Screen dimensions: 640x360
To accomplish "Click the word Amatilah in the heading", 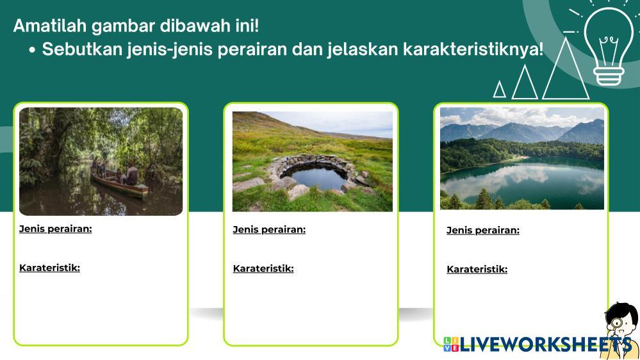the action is tap(50, 26).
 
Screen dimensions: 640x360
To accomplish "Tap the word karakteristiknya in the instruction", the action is tap(473, 49).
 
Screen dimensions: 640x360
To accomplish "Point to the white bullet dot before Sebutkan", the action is tap(32, 50).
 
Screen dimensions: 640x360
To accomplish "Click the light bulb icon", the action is tap(609, 45).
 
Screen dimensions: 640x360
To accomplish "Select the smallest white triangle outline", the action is tap(499, 90).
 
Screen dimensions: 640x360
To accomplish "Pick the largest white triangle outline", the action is tap(566, 69).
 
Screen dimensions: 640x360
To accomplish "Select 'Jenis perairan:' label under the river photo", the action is tap(56, 229).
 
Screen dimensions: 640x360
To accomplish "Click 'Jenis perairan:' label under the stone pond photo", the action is tap(269, 230).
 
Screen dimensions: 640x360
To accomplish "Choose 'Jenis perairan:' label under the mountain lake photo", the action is tap(483, 231).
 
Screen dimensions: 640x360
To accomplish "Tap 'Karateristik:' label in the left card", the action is tap(49, 268).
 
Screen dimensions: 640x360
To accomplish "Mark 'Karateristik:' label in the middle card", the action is tap(263, 268).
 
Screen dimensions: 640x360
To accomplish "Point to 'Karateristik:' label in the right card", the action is tap(477, 270).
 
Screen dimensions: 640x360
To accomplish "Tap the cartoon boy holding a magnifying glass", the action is tap(620, 331).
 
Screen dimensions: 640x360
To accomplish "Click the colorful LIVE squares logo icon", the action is tap(451, 344).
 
